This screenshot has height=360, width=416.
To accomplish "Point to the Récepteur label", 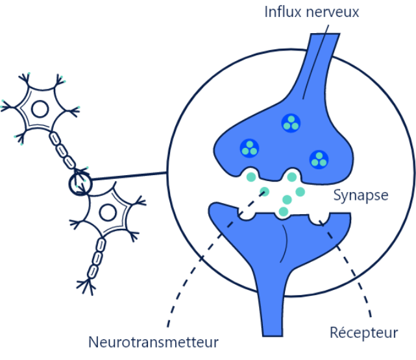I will [363, 333].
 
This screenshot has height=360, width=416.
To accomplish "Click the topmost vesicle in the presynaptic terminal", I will [291, 123].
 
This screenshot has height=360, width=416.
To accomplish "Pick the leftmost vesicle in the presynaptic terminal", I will [249, 148].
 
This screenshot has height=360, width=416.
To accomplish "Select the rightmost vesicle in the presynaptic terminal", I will [319, 158].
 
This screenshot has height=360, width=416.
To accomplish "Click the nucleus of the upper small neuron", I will [40, 108].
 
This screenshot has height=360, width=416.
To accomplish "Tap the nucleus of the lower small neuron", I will [109, 211].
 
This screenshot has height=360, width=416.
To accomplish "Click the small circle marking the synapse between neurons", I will [81, 182].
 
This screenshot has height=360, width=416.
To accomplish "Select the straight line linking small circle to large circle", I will [130, 177].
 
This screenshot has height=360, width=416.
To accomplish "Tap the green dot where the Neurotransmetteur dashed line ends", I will [264, 191].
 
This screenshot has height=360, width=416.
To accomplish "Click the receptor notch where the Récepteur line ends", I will [318, 219].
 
